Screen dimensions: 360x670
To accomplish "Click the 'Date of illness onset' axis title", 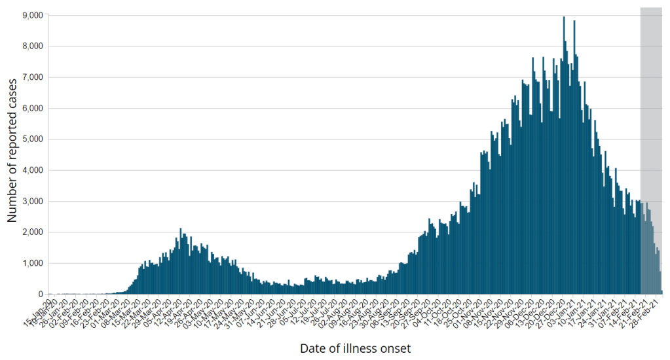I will [355, 348].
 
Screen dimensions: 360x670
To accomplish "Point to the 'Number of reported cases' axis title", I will [12, 150].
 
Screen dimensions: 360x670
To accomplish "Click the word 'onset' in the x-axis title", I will [394, 348].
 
